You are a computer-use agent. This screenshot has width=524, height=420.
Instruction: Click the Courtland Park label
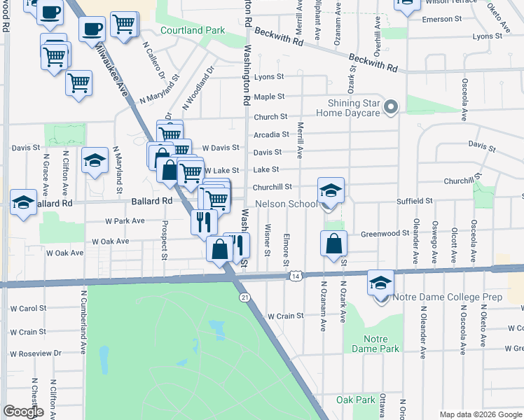[193, 30]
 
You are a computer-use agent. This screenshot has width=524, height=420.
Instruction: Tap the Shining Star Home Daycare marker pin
[392, 107]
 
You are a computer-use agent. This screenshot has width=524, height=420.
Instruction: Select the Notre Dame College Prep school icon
[380, 282]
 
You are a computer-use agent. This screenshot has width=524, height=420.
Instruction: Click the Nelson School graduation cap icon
[331, 189]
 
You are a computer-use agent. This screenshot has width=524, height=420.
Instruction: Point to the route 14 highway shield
[296, 277]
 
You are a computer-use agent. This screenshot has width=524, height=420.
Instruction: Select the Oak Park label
[356, 400]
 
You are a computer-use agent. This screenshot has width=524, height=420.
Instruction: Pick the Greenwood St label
[385, 233]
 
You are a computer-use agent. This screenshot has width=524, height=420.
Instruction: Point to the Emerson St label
[441, 19]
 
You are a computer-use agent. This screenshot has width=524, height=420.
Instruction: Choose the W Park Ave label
[125, 220]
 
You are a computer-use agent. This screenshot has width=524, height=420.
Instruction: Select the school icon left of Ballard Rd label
[23, 202]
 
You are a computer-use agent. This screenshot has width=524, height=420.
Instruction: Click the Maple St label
[269, 97]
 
